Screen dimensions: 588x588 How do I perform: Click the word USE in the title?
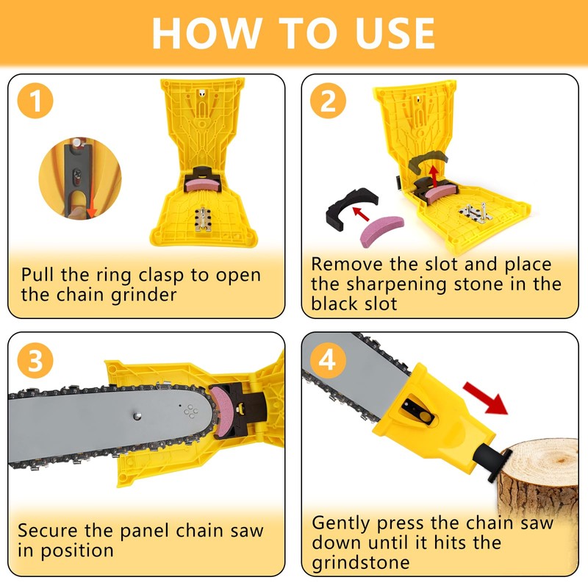[394, 33]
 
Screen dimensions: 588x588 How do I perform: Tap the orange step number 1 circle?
[35, 101]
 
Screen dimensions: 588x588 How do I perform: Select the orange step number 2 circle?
[328, 101]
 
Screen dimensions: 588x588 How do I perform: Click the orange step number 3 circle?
[35, 360]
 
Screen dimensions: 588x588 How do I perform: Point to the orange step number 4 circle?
[327, 359]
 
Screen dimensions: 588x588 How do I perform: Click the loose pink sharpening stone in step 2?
[381, 232]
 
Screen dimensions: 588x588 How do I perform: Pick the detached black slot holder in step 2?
[351, 208]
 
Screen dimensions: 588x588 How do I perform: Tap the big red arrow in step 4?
[485, 398]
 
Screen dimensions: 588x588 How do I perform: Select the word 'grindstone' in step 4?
[360, 563]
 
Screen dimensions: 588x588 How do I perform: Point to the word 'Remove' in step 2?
[346, 264]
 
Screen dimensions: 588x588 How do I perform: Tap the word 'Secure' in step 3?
[47, 530]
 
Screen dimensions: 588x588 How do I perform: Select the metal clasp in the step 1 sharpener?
[203, 219]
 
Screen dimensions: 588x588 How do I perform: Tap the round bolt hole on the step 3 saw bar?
[137, 415]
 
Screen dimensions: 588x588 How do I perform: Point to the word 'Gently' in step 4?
[341, 523]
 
